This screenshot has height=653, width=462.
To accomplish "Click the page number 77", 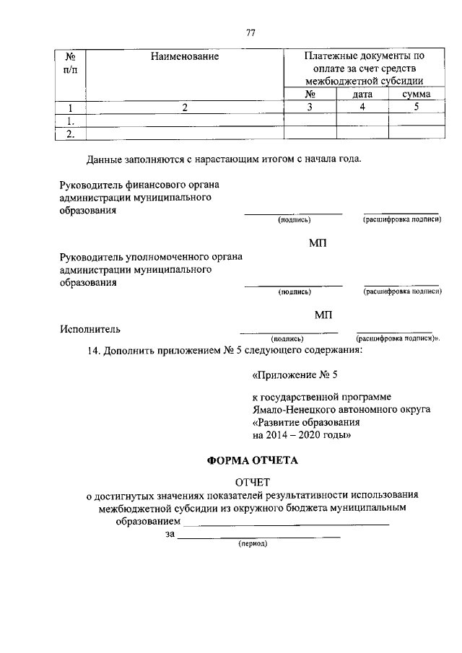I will tap(251, 32).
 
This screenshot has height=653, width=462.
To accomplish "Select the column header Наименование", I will tap(185, 56).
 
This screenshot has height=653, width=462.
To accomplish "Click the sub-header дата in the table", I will tap(362, 94).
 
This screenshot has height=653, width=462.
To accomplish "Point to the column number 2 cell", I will tap(185, 108).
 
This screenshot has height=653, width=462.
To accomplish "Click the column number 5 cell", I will tap(415, 108).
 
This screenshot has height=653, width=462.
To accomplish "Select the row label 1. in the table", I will tap(70, 120).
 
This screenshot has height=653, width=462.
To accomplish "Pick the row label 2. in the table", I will tap(70, 133).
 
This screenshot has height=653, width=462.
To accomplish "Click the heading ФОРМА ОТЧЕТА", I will tap(252, 460).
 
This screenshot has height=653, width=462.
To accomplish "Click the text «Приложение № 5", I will tap(295, 374).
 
